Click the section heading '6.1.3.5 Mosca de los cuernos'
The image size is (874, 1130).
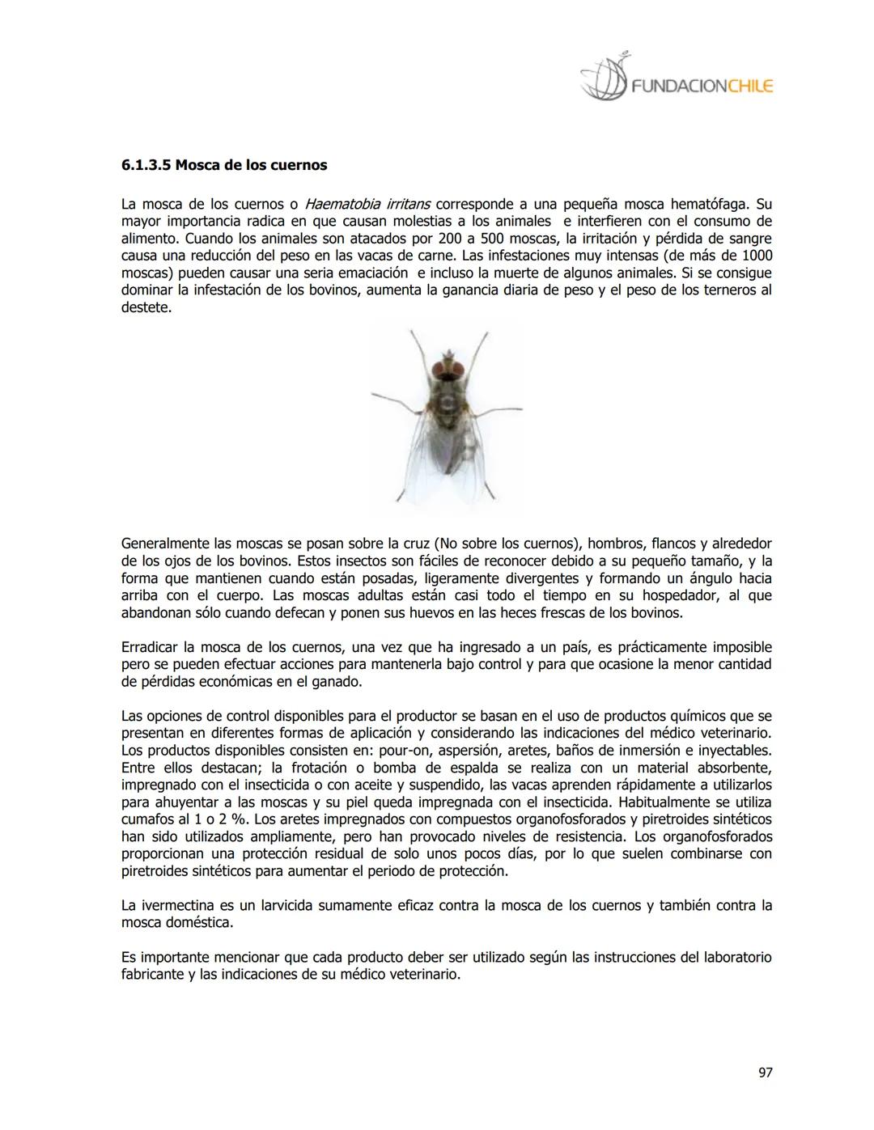pyautogui.click(x=224, y=165)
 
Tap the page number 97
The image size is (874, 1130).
pyautogui.click(x=765, y=1073)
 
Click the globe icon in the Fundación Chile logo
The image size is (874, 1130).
pyautogui.click(x=604, y=79)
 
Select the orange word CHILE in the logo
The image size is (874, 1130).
pyautogui.click(x=750, y=86)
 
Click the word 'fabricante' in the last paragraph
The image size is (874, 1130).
pyautogui.click(x=152, y=975)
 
